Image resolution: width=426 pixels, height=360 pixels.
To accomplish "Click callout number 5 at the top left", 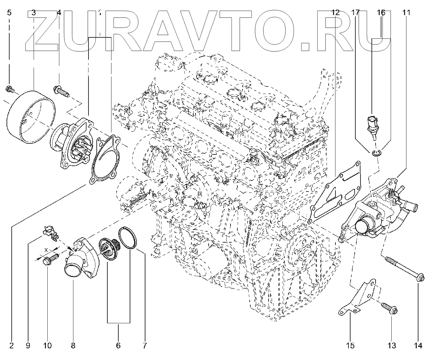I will [9, 13].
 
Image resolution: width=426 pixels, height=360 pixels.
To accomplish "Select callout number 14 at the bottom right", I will [418, 345].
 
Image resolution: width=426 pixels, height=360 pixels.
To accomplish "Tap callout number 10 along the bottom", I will [47, 345].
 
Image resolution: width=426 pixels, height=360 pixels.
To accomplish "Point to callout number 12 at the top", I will [335, 13].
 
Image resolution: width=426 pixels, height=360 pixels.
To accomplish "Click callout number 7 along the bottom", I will [145, 345].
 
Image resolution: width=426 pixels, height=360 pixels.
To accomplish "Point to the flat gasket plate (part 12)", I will [336, 194].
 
